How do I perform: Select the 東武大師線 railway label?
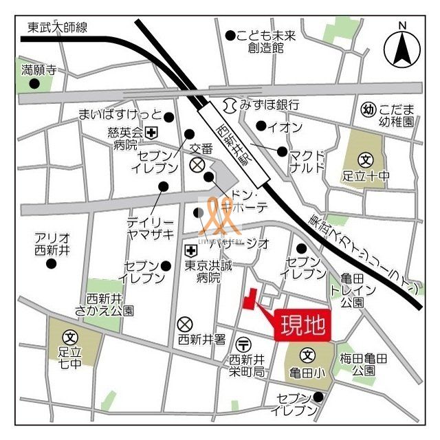click(58, 27)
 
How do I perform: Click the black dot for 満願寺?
click(34, 84)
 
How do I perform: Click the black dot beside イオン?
click(261, 126)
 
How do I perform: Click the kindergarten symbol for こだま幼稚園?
click(368, 109)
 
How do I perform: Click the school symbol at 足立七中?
click(70, 337)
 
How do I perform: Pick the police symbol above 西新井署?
click(184, 324)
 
